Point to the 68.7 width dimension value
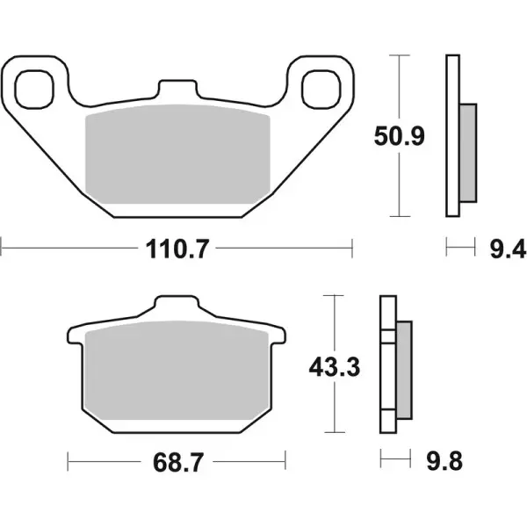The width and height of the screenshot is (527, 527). click(x=177, y=460)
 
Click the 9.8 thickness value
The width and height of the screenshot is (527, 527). click(x=436, y=460)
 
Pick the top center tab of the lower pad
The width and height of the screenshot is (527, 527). click(x=176, y=307)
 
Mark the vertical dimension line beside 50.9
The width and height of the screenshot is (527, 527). click(x=401, y=88)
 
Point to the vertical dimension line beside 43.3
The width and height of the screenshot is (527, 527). click(x=332, y=404)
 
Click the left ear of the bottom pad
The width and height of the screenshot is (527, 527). click(x=73, y=336)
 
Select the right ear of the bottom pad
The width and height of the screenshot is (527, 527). click(x=279, y=336)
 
